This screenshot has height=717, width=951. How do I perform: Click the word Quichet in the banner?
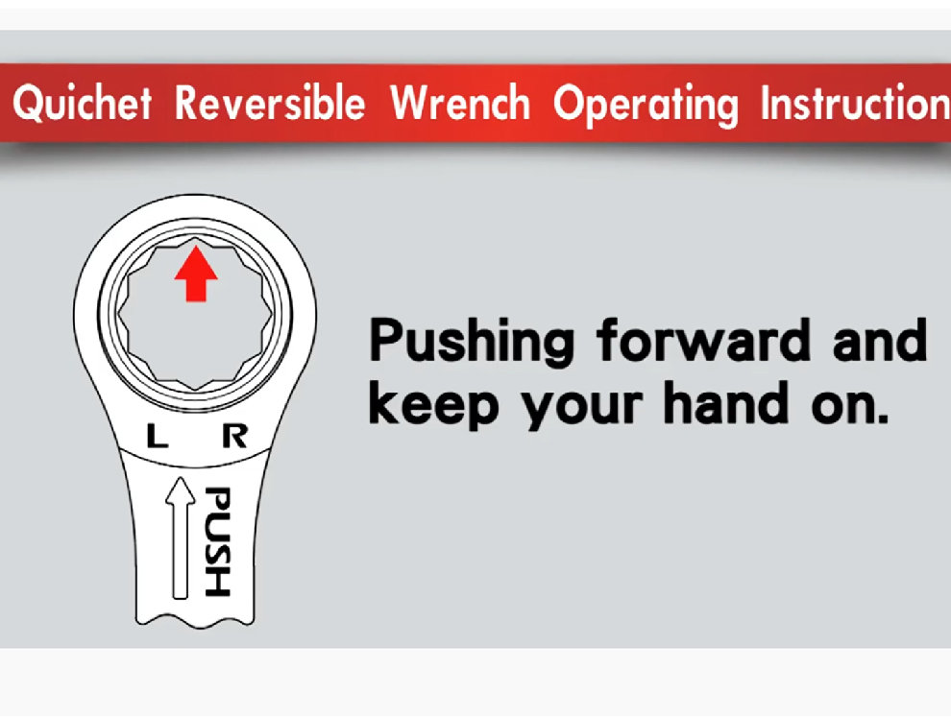click(82, 103)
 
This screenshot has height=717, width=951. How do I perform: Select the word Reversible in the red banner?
click(270, 103)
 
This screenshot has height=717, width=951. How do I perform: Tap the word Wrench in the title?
click(460, 103)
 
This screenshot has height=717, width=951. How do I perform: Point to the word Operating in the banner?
click(646, 106)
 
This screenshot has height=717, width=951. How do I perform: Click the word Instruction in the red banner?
click(855, 103)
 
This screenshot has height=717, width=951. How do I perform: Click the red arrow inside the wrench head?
click(196, 274)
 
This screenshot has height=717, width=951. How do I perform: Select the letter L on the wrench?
click(158, 436)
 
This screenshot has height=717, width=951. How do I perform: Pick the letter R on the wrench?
click(234, 436)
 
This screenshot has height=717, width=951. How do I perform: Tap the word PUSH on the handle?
click(217, 541)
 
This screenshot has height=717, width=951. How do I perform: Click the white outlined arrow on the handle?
click(181, 538)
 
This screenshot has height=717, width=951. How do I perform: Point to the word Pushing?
click(472, 342)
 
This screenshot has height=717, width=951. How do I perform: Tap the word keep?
click(433, 405)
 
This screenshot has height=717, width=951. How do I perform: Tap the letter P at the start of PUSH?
click(217, 500)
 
